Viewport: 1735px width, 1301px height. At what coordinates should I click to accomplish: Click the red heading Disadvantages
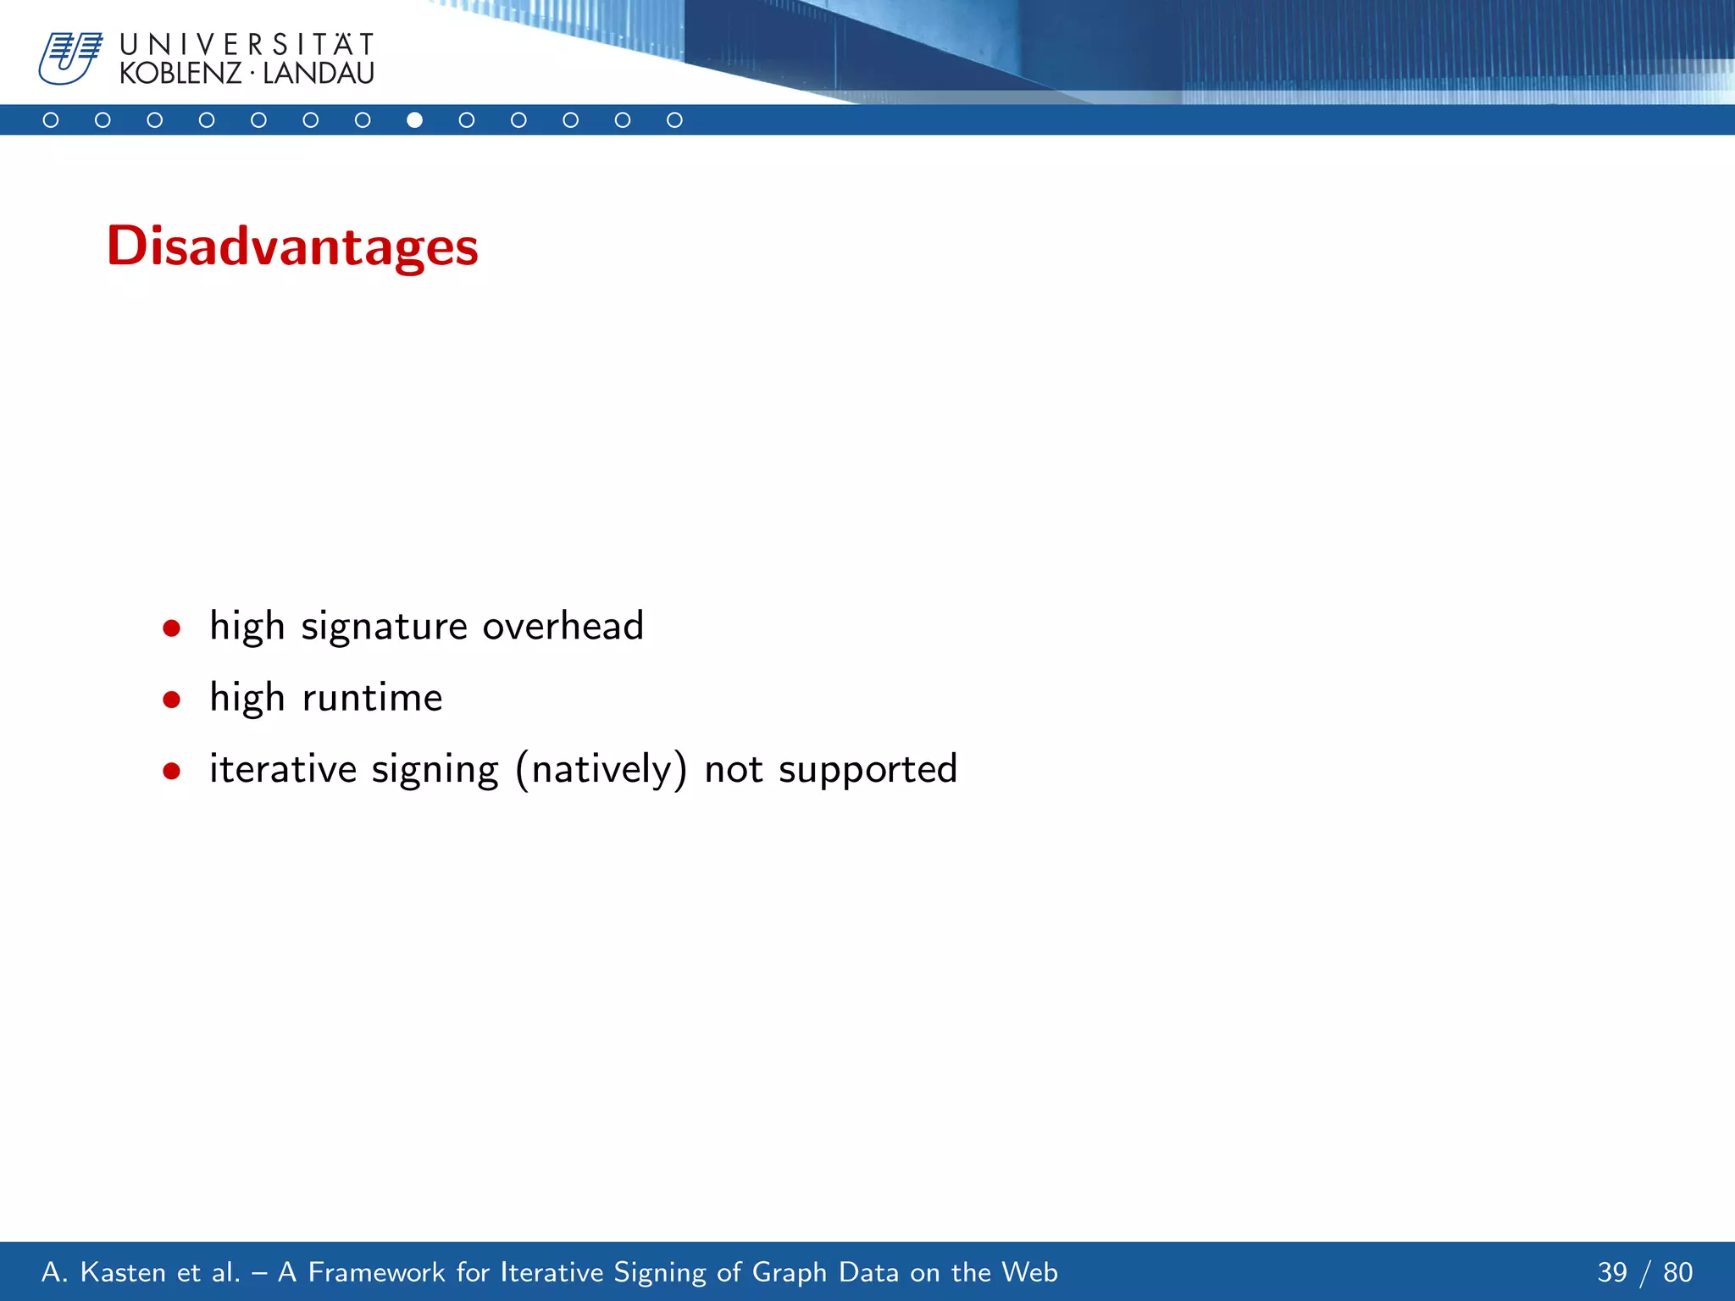(x=292, y=246)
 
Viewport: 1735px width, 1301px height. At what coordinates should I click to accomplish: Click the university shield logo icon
(x=69, y=58)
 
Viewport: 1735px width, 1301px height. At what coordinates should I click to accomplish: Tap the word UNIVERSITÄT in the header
(x=247, y=44)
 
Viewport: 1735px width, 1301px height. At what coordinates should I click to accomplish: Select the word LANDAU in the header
(x=319, y=74)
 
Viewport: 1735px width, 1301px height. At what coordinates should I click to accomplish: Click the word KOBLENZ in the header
(x=180, y=74)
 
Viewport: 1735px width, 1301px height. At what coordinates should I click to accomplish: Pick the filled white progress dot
(x=414, y=120)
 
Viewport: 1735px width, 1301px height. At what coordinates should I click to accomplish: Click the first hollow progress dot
(x=51, y=120)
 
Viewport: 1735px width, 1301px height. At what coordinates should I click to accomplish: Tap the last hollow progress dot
(x=674, y=120)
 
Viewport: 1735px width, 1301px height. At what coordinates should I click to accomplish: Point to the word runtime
(x=372, y=698)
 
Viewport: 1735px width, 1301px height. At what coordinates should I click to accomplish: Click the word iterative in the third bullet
(x=283, y=769)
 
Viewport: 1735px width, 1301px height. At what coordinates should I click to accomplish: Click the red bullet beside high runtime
(x=172, y=700)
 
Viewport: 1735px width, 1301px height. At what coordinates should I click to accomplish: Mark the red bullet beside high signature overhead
(x=172, y=628)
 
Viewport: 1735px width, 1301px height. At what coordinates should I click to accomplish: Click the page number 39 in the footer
(x=1612, y=1272)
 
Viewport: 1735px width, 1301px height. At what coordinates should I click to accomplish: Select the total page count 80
(x=1677, y=1272)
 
